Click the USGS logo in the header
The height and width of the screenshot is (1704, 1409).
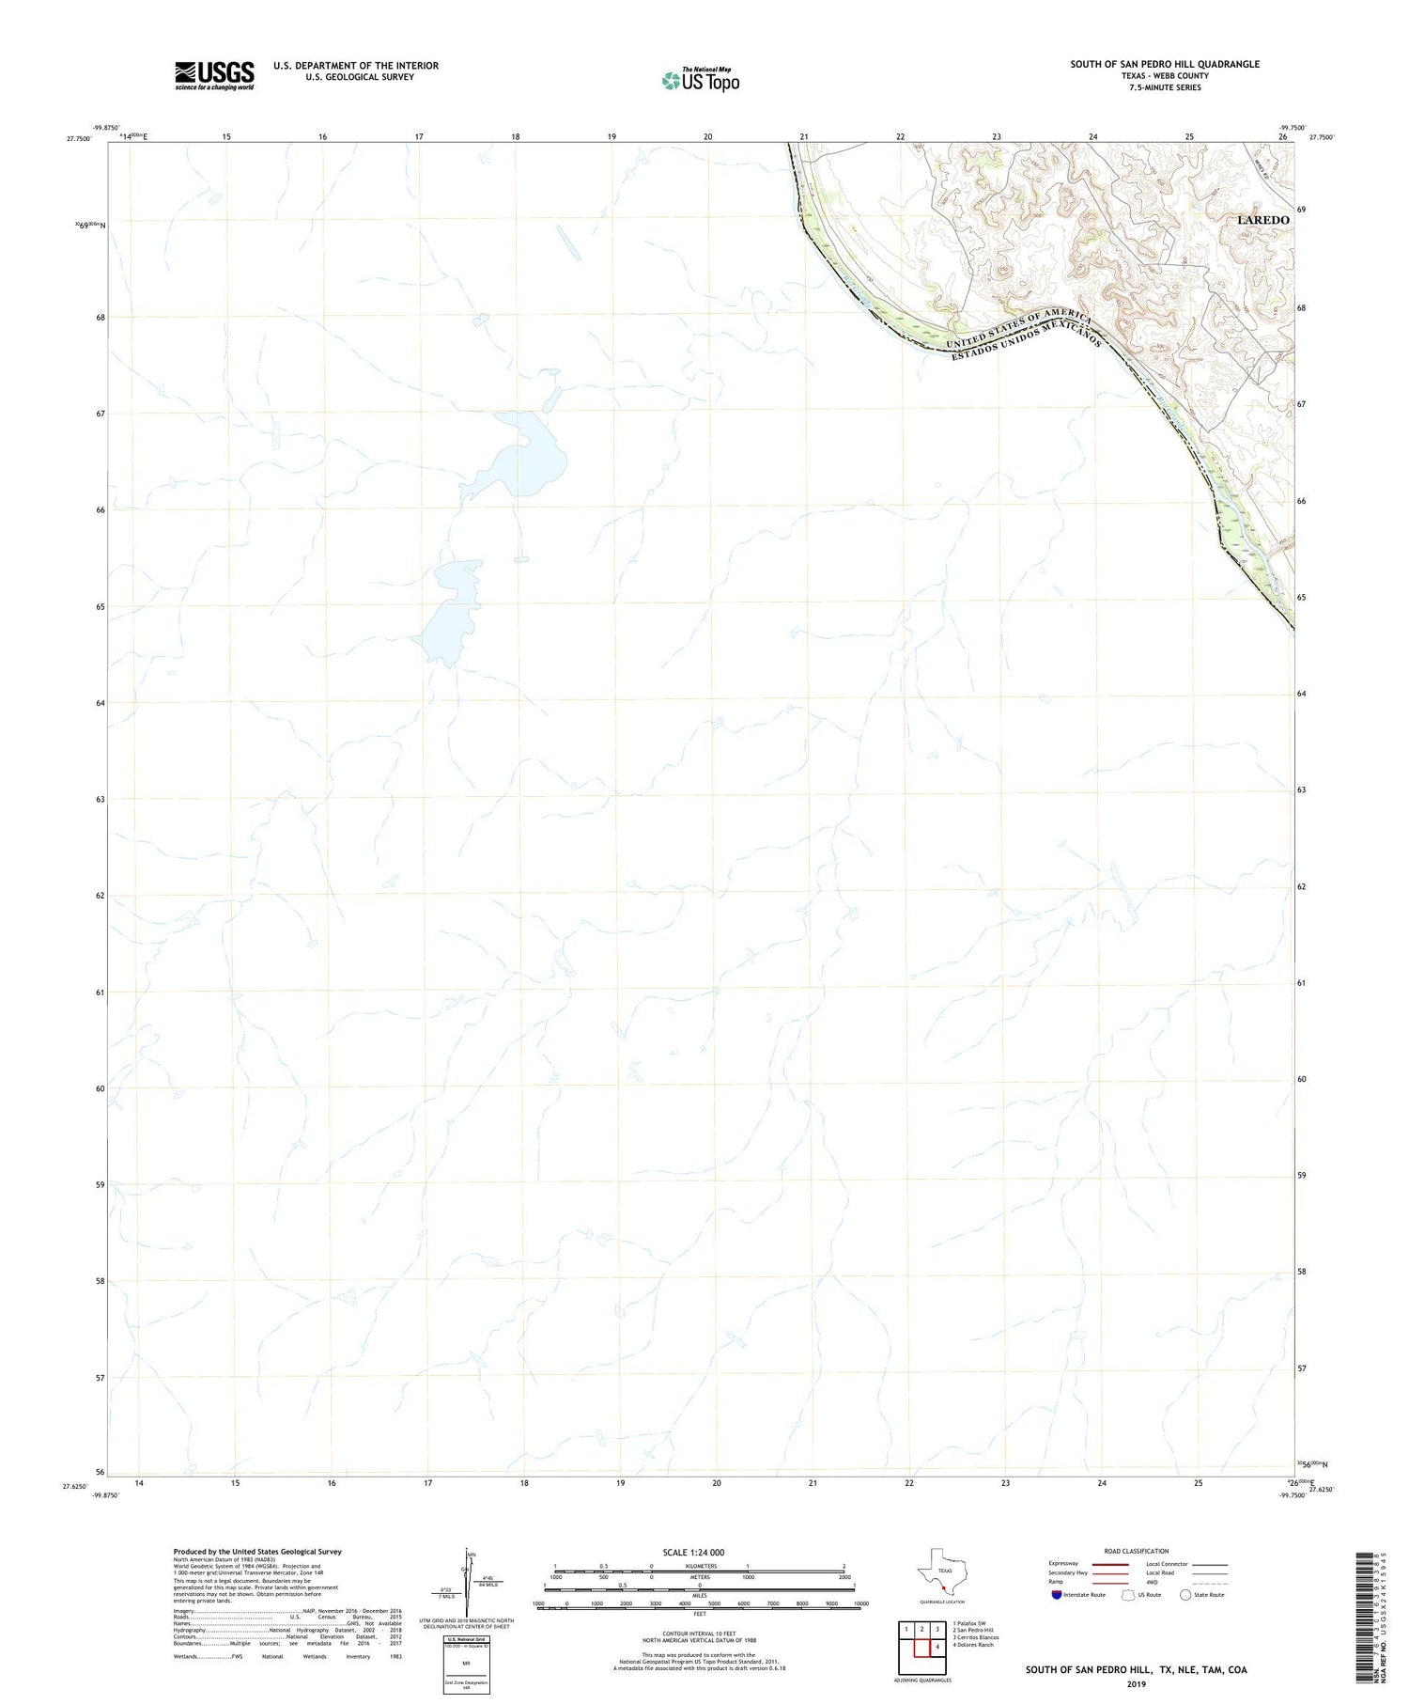[214, 75]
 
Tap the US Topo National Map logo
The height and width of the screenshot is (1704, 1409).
[701, 80]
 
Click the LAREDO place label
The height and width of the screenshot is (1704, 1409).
[1262, 220]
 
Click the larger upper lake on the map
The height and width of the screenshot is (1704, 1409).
[526, 456]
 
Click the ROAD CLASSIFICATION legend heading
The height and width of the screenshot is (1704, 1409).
[1136, 1551]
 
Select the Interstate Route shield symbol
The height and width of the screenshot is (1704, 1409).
[1058, 1595]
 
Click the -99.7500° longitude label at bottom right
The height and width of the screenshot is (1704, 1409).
[1293, 1496]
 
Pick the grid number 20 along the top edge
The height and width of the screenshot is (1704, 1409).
[707, 137]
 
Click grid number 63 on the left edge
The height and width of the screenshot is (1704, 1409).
[99, 799]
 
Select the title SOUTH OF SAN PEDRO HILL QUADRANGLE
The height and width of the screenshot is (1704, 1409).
[1165, 64]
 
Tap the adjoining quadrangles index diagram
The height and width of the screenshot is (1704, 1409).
[921, 1640]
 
